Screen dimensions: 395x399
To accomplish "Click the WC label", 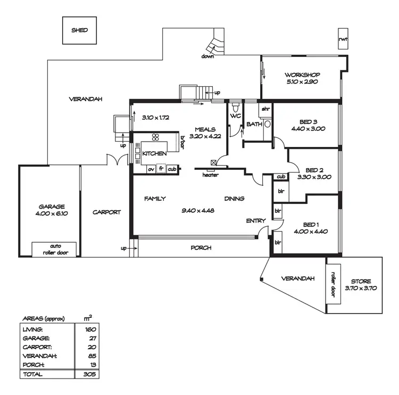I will point(236,115).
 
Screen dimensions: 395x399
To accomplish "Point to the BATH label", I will point(254,125).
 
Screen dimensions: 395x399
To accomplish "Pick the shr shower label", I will point(265,109).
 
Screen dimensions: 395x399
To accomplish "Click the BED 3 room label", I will point(308,125).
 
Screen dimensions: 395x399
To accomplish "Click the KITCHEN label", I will point(154,153).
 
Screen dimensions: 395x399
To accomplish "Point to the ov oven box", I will point(151,169).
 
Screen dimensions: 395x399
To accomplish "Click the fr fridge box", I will point(161,169).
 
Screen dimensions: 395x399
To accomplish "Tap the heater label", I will point(210,175).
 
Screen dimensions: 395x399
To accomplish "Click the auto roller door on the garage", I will point(55,249).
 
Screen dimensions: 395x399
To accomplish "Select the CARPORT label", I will point(107,212).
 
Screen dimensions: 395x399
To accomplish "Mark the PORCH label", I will point(201,248).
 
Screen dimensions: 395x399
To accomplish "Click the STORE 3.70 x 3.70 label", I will point(361,284).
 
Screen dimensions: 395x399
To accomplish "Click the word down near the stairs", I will point(207,56).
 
